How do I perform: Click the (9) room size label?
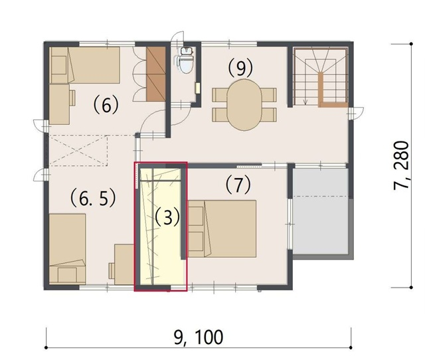point(240,68)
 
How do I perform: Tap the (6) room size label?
point(106,105)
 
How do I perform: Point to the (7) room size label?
point(238,185)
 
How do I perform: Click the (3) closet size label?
point(167,217)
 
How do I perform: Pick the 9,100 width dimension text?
point(199,337)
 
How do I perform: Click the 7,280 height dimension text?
point(401,165)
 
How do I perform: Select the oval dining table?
point(244,105)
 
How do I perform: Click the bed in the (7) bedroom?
point(222,228)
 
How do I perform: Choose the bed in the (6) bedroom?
point(84,65)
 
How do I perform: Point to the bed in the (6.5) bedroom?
point(68,249)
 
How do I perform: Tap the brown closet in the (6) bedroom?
point(156,74)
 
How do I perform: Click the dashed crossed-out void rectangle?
point(78,150)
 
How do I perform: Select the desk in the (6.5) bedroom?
point(124,264)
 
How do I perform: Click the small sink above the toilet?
point(186,50)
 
